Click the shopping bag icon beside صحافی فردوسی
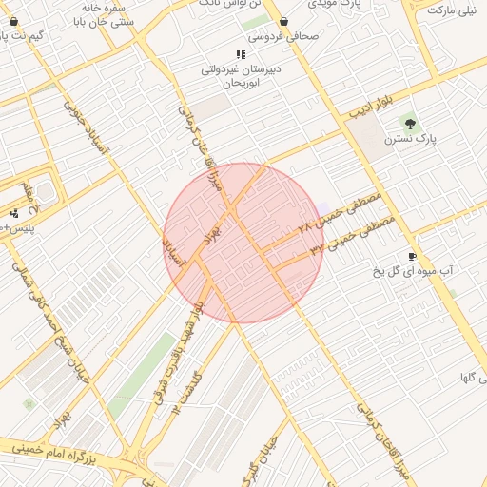pyautogui.click(x=283, y=21)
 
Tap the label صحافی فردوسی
pyautogui.click(x=283, y=37)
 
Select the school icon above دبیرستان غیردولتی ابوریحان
pyautogui.click(x=240, y=54)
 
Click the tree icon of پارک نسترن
pyautogui.click(x=410, y=124)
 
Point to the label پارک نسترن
pyautogui.click(x=410, y=139)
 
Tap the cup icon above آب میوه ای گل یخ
pyautogui.click(x=412, y=256)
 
